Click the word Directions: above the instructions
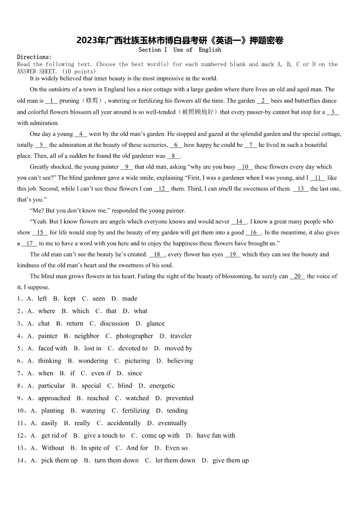coord(34,57)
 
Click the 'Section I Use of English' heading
coord(180,50)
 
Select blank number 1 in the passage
coord(51,101)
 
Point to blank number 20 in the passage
coord(297,276)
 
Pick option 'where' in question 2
coord(47,311)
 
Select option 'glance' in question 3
coord(156,324)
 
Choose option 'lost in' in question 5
coord(93,349)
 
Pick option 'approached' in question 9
coord(54,398)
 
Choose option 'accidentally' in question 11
coord(124,423)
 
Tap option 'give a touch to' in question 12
coord(104,436)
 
